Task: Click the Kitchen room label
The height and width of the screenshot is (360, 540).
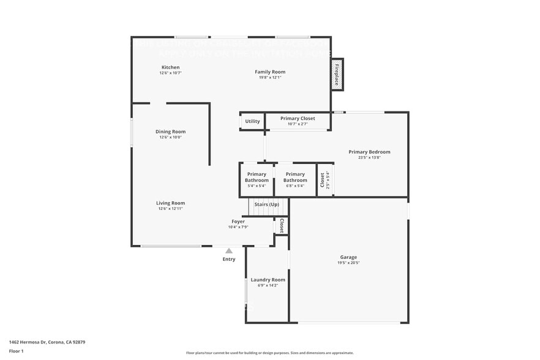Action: click(x=170, y=67)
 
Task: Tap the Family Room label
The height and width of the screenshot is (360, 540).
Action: click(x=270, y=72)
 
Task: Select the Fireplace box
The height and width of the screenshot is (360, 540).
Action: click(x=337, y=75)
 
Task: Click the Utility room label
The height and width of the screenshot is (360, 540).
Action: click(x=252, y=121)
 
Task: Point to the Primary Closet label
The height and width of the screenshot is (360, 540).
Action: click(x=298, y=118)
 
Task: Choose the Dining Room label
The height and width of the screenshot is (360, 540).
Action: click(x=170, y=132)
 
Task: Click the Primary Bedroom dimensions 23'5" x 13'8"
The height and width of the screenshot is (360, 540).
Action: click(x=369, y=157)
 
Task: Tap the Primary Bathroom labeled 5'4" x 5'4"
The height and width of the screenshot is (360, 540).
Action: click(x=257, y=186)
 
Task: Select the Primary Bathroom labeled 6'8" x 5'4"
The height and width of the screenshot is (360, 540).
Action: click(x=295, y=186)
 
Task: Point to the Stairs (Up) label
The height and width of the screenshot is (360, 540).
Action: click(x=267, y=204)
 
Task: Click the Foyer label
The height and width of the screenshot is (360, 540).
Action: click(x=238, y=222)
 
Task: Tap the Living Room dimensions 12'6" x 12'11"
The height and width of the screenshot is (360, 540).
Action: click(x=170, y=209)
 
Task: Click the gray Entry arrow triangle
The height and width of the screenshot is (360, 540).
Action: click(x=228, y=250)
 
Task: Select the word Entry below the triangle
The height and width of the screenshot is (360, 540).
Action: click(x=228, y=260)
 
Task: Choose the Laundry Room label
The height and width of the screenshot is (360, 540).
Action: click(x=268, y=280)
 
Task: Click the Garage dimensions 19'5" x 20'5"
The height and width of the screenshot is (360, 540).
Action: click(x=348, y=263)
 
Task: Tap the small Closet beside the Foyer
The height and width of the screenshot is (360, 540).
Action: click(x=282, y=225)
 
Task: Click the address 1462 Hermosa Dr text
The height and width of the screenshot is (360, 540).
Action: click(x=47, y=342)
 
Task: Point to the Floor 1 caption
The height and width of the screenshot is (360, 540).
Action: click(x=16, y=351)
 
